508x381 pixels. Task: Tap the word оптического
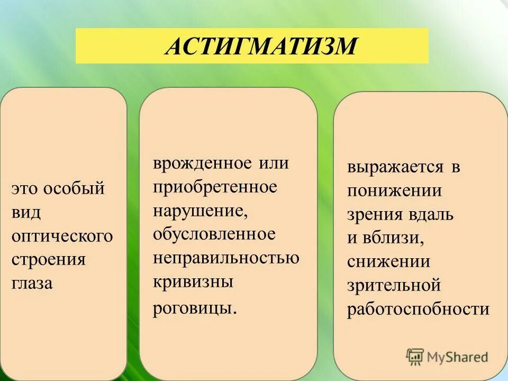pyautogui.click(x=62, y=236)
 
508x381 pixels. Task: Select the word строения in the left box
pyautogui.click(x=48, y=260)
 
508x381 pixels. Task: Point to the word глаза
pyautogui.click(x=32, y=284)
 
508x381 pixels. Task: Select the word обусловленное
pyautogui.click(x=214, y=233)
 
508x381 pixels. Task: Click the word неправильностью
pyautogui.click(x=226, y=258)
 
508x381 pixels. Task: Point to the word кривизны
pyautogui.click(x=193, y=282)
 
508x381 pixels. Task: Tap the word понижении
pyautogui.click(x=394, y=190)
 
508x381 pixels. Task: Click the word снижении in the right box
pyautogui.click(x=388, y=261)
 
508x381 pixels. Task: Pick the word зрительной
pyautogui.click(x=394, y=285)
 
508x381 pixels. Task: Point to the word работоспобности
pyautogui.click(x=418, y=309)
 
